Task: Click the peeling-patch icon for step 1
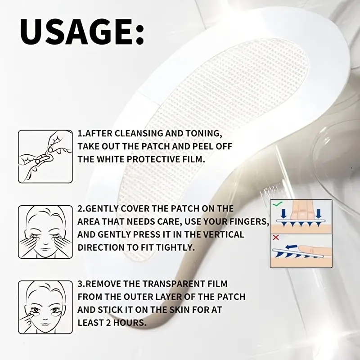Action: [45, 156]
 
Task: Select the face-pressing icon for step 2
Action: [45, 231]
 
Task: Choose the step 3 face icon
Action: [45, 307]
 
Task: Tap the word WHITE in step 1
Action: [106, 159]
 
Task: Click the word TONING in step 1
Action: [204, 133]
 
